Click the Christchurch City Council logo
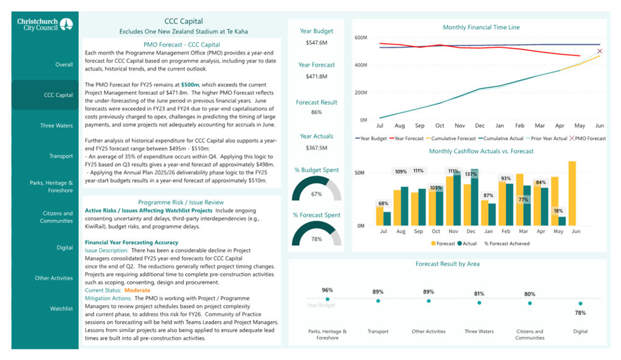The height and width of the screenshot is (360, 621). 45,25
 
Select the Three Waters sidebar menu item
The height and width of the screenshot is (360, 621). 56,126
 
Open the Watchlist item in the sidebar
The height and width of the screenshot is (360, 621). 61,309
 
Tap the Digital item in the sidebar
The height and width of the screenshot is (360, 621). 64,248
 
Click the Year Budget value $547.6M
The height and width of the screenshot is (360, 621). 316,43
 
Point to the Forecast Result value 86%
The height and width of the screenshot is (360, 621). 316,112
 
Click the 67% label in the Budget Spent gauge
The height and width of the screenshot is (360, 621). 316,194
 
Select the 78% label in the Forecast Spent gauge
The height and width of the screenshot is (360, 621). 316,239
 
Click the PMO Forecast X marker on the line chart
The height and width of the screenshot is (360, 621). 599,51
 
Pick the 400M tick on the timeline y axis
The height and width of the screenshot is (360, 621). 361,65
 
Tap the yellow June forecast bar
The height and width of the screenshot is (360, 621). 572,193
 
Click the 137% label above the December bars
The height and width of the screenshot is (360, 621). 471,174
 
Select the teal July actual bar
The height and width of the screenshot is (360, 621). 387,219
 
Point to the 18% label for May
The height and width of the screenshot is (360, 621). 558,211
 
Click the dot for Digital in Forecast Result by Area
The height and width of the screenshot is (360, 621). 580,304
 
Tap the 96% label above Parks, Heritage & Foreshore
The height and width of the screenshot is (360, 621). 327,290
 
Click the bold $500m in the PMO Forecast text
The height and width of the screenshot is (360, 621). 190,85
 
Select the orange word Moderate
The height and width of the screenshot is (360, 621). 137,290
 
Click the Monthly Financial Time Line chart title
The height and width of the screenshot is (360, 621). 481,27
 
